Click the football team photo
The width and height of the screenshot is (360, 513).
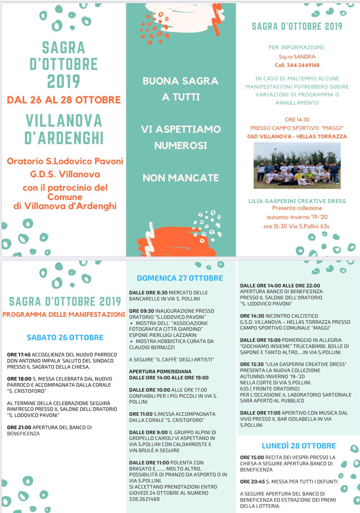tap(297, 165)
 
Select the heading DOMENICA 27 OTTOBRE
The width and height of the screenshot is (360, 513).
tap(180, 278)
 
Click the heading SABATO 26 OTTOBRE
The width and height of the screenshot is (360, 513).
tap(65, 338)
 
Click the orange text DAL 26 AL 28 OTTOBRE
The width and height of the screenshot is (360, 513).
tap(64, 100)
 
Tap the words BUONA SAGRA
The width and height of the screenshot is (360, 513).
tap(181, 81)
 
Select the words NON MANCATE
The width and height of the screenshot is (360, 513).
tap(181, 178)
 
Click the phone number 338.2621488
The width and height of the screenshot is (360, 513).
tap(144, 499)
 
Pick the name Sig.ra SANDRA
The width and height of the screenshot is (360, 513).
tap(297, 57)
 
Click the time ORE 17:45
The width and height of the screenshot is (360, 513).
tap(19, 355)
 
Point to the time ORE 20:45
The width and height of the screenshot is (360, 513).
tap(252, 482)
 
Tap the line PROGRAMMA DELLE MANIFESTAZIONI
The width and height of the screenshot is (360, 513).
tap(64, 315)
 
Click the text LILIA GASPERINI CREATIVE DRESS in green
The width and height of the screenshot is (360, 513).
tap(297, 201)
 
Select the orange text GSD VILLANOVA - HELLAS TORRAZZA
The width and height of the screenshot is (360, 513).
tap(297, 136)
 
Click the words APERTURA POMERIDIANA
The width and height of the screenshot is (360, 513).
tap(160, 372)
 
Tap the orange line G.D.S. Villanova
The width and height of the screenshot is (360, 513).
tap(65, 174)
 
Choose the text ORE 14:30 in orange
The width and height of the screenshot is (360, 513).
tap(297, 120)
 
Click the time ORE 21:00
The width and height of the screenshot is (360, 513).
tap(19, 427)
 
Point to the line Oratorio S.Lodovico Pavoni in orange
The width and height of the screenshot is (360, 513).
tap(65, 161)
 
